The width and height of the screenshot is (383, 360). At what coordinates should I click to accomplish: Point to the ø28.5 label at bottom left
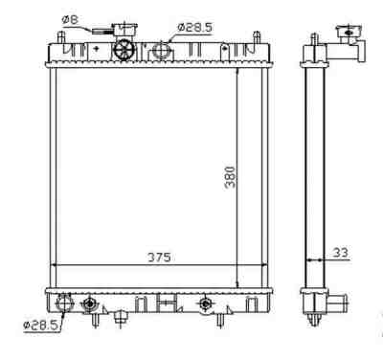(41, 326)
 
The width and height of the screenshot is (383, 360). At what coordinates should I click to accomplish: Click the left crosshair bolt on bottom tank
(90, 304)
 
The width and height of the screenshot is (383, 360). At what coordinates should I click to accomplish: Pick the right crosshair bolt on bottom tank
(204, 304)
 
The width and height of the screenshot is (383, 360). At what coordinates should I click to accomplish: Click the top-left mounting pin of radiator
(61, 37)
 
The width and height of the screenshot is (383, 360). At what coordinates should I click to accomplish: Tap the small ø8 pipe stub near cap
(99, 31)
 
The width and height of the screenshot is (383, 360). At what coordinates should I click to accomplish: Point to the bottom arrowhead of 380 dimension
(237, 283)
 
